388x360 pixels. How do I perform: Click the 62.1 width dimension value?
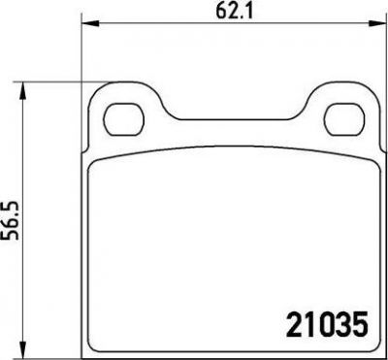[234, 12]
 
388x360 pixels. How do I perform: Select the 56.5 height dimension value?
[10, 220]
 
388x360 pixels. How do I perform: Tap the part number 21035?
[328, 323]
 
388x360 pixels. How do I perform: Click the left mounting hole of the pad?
[123, 119]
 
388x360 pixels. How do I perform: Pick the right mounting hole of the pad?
[344, 119]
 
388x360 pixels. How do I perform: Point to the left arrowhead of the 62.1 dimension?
[89, 23]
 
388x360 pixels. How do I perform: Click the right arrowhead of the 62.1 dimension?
[378, 23]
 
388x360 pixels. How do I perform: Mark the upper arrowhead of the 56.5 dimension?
[22, 90]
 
